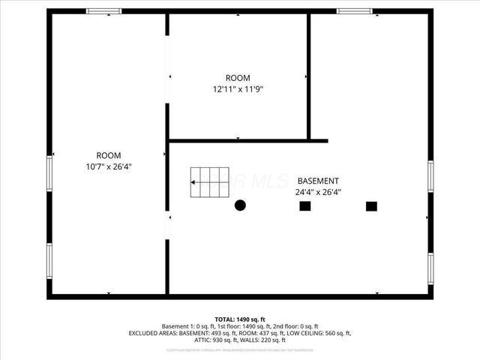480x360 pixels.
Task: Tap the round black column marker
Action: tap(241, 205)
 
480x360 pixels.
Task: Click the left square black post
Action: tap(305, 205)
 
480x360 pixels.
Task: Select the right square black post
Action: tap(370, 205)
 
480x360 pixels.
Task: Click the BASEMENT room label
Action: tap(318, 181)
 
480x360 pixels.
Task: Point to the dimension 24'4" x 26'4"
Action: tap(318, 191)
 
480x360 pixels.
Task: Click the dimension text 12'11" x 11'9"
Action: tap(238, 88)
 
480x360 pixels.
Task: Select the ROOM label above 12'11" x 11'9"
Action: tap(238, 78)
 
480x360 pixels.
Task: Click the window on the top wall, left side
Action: tap(104, 11)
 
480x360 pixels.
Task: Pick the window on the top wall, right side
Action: tap(354, 11)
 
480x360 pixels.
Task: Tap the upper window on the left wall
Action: tap(50, 177)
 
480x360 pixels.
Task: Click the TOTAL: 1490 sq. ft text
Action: tap(240, 319)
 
